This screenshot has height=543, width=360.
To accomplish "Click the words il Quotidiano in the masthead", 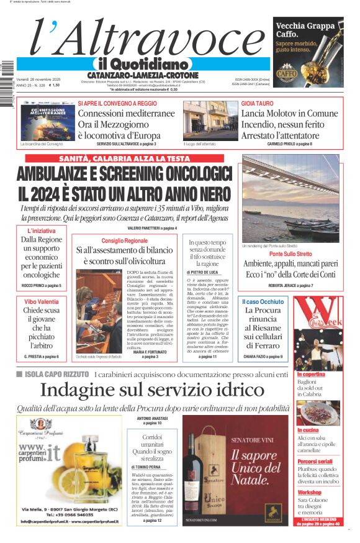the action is tap(142, 64).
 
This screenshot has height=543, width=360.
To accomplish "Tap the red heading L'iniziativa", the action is tap(41, 231).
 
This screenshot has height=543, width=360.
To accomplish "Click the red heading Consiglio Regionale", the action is tap(124, 240).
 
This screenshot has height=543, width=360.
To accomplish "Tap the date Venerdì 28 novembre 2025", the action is tap(38, 80).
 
